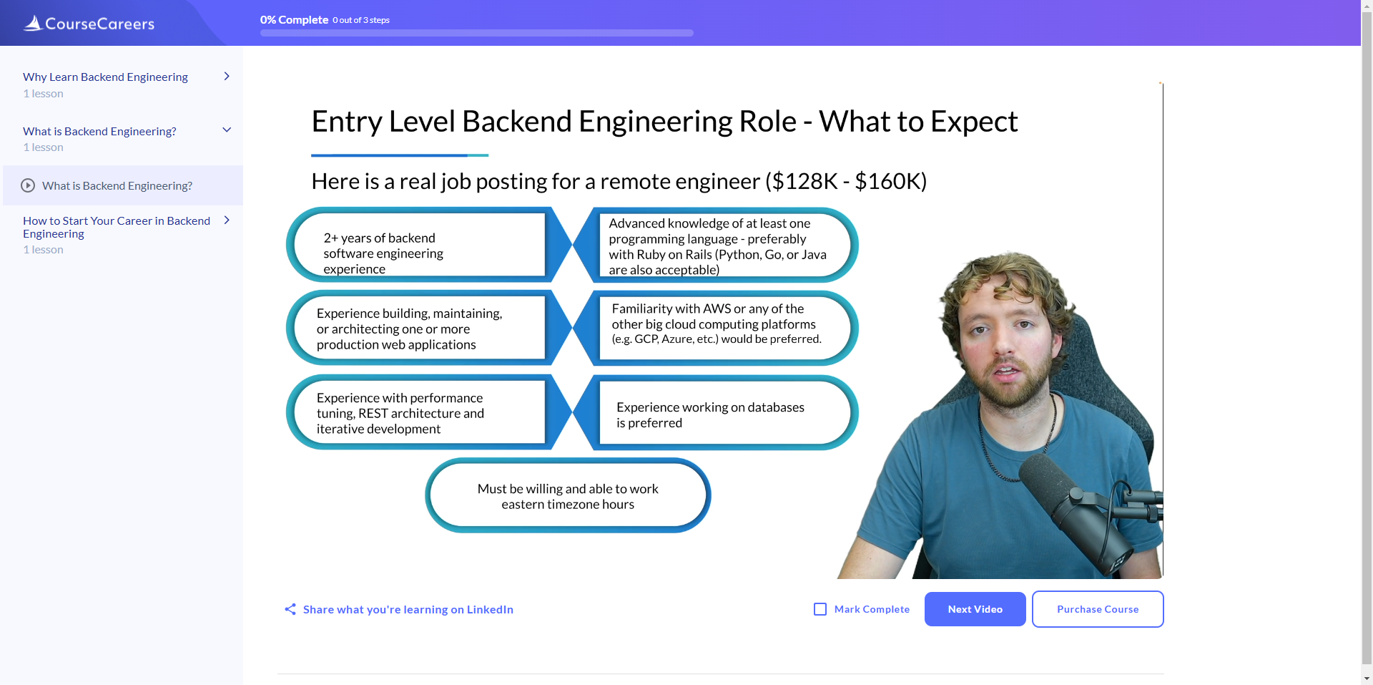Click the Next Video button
pos(975,609)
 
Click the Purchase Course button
pos(1097,609)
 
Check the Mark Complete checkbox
pos(820,609)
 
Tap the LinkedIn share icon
pos(290,609)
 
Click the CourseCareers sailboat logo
pos(33,23)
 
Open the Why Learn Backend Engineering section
pos(105,77)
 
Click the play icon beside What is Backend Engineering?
pos(28,185)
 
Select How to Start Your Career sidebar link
pos(117,227)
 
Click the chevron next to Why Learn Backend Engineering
pos(227,76)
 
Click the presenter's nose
pos(1008,347)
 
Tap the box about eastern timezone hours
pos(568,496)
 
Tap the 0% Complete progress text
pos(294,20)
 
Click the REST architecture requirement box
pos(418,413)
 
